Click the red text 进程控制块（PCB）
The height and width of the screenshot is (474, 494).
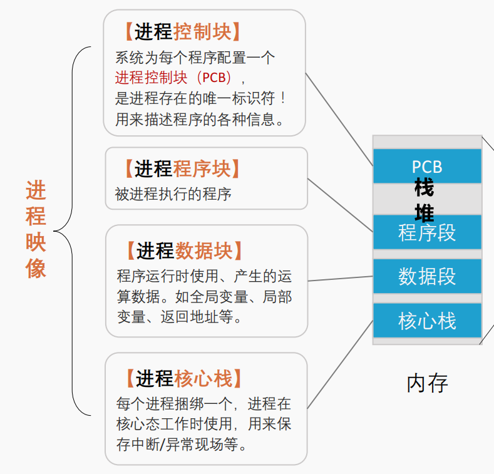(173, 78)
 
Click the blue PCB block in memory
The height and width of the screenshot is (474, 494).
(427, 166)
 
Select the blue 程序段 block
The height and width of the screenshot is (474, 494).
(427, 233)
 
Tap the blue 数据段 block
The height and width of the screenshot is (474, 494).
(427, 276)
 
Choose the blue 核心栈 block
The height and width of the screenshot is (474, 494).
(427, 321)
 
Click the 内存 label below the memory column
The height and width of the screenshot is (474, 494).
(427, 383)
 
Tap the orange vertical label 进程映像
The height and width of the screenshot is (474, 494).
(36, 230)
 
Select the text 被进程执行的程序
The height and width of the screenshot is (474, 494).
(173, 194)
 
